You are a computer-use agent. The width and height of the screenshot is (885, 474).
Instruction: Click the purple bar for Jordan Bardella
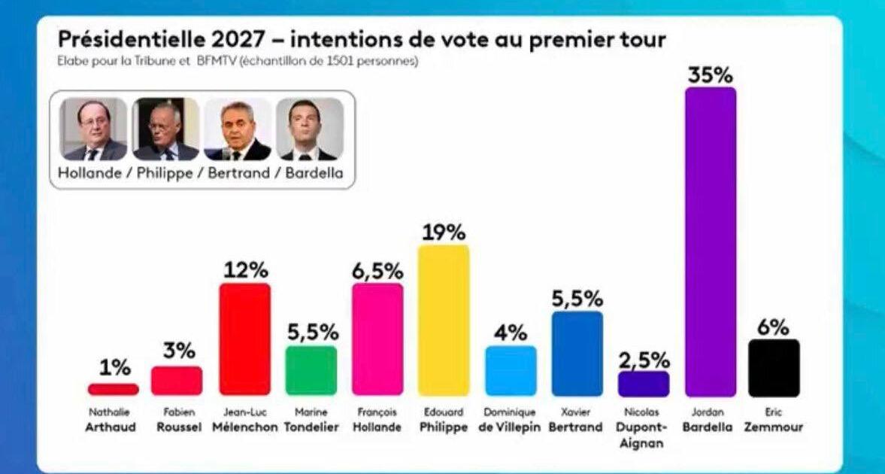click(x=711, y=241)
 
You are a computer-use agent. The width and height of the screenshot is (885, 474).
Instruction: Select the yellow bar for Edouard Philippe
click(x=444, y=320)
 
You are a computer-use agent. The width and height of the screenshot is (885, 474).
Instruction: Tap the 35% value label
click(x=711, y=75)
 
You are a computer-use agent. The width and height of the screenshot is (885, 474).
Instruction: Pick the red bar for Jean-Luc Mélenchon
click(x=244, y=339)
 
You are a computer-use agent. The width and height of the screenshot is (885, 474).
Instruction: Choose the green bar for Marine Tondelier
click(x=311, y=370)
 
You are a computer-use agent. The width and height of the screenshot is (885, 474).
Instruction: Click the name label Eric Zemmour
click(x=774, y=421)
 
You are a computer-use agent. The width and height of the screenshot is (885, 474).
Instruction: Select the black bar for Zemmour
click(x=774, y=367)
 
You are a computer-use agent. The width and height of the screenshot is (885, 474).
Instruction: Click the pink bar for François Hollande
click(x=377, y=339)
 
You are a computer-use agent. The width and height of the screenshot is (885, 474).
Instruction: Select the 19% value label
click(x=444, y=232)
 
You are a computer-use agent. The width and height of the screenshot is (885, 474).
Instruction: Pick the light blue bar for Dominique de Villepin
click(x=511, y=370)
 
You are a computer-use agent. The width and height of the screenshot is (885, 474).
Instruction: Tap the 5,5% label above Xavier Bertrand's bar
click(x=577, y=299)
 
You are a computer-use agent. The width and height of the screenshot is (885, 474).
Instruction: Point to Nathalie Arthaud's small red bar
click(x=113, y=389)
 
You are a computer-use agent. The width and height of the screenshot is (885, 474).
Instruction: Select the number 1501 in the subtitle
click(x=343, y=62)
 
